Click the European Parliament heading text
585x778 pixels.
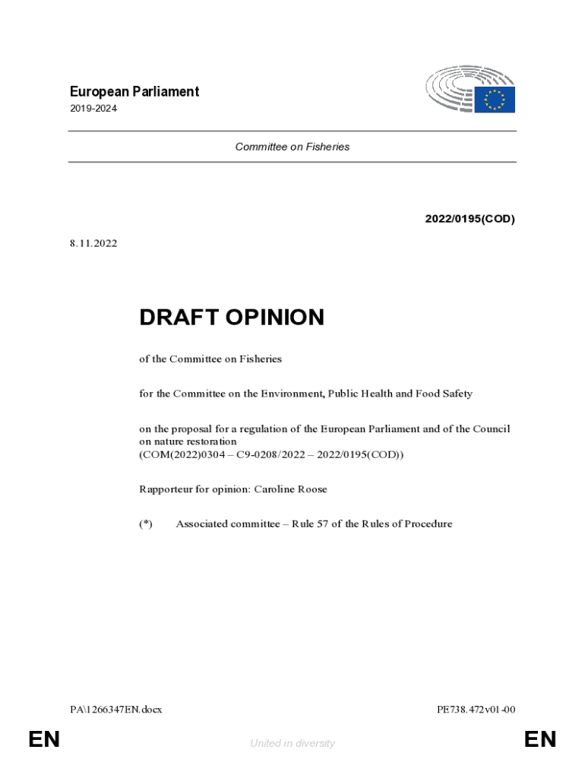(x=134, y=92)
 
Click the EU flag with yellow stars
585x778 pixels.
(x=495, y=100)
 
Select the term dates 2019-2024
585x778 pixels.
(x=93, y=109)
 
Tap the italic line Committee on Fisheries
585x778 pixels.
(x=292, y=147)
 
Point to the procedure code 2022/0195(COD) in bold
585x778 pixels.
(x=470, y=220)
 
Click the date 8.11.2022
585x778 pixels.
(x=93, y=245)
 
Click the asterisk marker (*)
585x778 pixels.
(x=146, y=523)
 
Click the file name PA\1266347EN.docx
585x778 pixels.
(x=115, y=710)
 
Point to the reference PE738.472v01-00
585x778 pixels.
(x=476, y=710)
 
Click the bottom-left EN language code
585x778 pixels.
(x=44, y=739)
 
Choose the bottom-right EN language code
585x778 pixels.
(x=540, y=739)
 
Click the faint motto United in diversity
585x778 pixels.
(x=292, y=744)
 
